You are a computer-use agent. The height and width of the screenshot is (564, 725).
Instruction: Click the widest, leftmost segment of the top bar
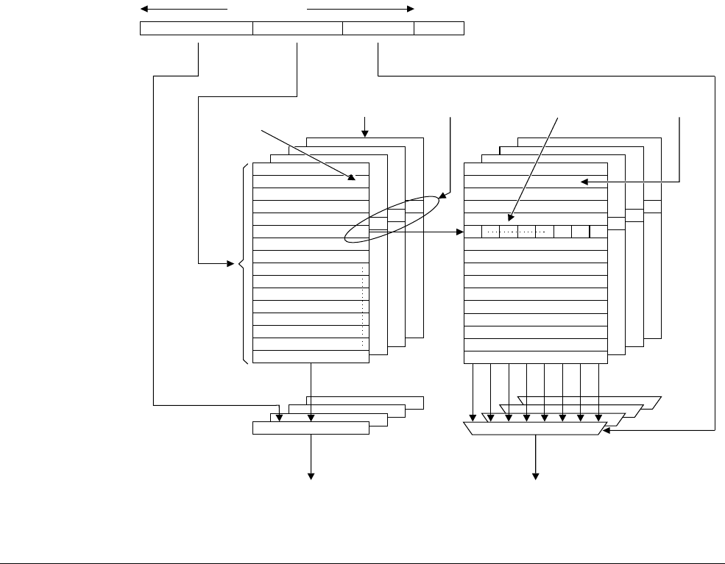point(196,29)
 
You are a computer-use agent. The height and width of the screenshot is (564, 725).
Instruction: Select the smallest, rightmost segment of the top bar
point(439,29)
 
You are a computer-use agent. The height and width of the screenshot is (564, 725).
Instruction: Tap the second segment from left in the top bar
point(297,29)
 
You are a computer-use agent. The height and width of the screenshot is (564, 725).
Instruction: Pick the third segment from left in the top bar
point(378,29)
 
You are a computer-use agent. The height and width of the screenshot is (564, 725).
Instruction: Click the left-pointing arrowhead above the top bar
point(144,10)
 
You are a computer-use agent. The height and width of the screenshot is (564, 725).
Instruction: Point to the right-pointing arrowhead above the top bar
point(411,10)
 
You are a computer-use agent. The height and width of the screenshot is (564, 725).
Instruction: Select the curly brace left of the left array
point(243,263)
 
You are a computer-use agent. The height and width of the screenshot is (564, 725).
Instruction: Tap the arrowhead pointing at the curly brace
point(230,263)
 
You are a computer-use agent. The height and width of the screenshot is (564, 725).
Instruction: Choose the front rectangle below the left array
point(311,429)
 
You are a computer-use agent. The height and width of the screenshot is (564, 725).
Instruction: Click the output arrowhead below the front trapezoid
point(535,476)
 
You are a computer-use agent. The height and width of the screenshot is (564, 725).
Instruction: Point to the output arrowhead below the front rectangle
point(311,476)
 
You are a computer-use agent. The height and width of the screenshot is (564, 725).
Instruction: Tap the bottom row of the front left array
point(311,357)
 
